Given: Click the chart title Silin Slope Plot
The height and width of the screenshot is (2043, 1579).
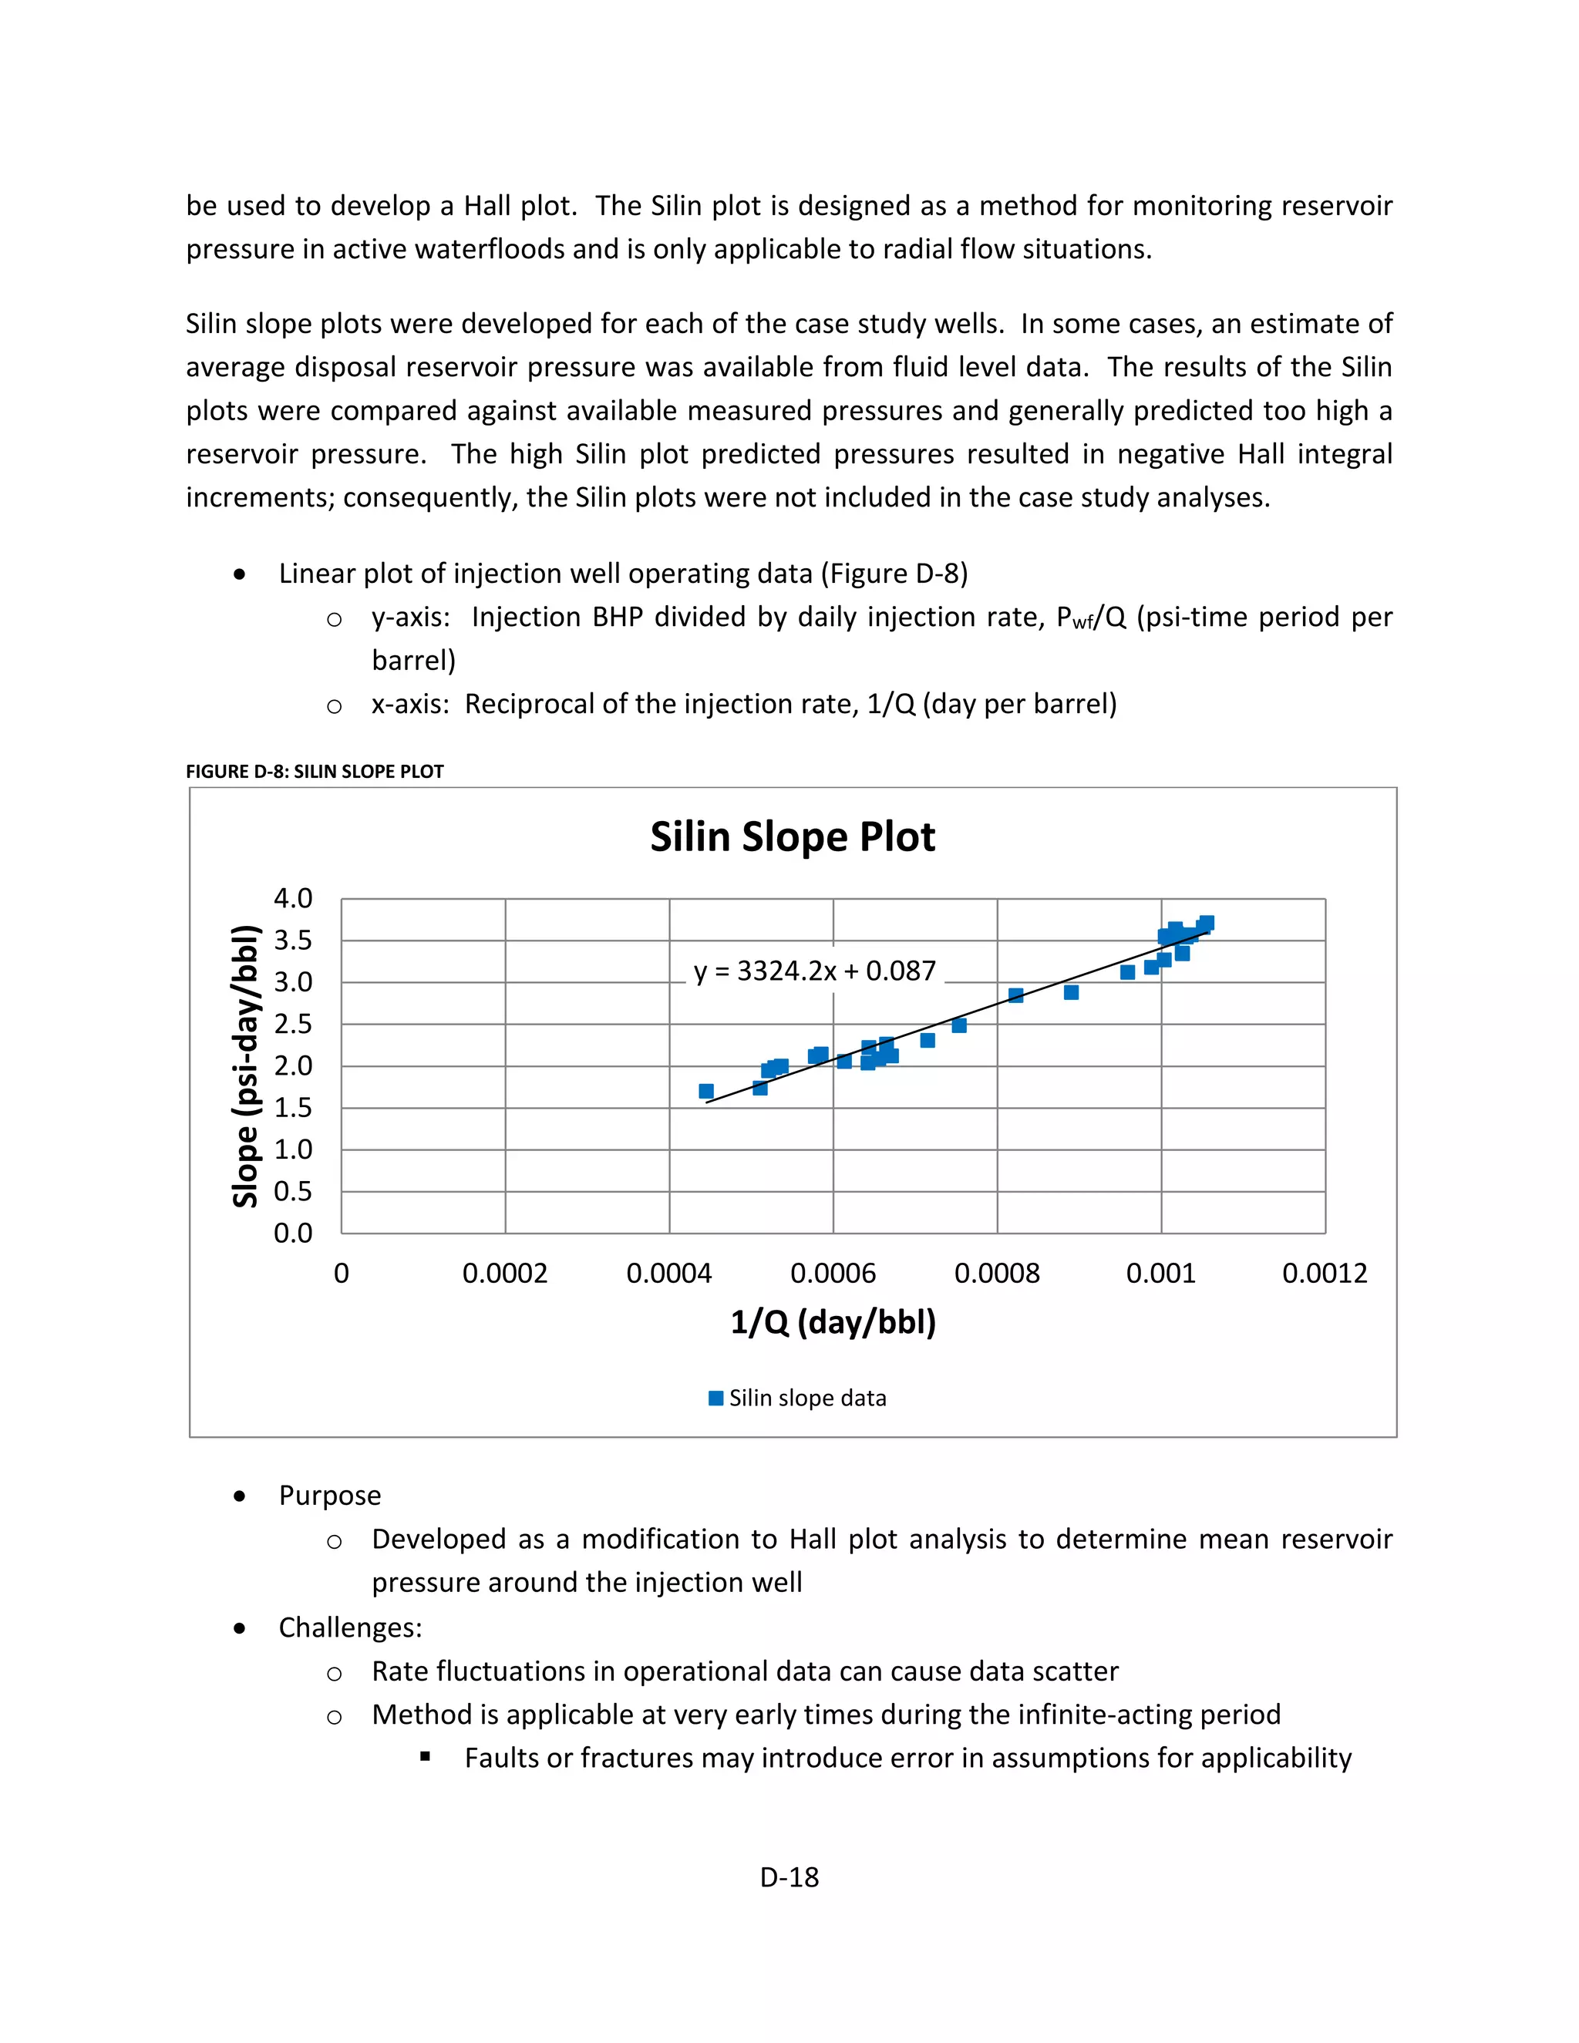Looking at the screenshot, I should coord(793,836).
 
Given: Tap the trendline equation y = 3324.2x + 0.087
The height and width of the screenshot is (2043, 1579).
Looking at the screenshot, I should coord(814,971).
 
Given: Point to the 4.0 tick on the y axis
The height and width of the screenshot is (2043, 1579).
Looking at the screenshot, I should coord(293,899).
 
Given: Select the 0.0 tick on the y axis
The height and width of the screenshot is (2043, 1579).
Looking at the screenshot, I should coord(293,1233).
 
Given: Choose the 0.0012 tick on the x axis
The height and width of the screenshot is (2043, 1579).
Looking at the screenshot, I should coord(1325,1273).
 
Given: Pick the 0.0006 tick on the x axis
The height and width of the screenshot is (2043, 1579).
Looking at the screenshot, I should coord(833,1273).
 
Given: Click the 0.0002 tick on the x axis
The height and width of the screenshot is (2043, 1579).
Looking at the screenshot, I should coord(505,1273).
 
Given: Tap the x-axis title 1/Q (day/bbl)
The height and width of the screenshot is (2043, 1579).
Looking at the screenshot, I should coord(833,1321).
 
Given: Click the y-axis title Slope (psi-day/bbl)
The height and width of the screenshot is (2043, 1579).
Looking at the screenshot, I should coord(245,1065).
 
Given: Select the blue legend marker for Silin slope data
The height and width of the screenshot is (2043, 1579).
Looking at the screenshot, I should coord(716,1398).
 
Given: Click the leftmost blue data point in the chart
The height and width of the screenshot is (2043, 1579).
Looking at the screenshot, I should coord(706,1092).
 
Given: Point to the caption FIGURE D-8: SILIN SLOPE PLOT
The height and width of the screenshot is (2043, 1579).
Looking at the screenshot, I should coord(315,772).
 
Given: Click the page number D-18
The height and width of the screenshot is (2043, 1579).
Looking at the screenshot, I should coord(789,1877).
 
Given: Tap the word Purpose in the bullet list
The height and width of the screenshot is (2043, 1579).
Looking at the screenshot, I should coord(329,1496).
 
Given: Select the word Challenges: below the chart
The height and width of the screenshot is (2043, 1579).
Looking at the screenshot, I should coord(350,1627).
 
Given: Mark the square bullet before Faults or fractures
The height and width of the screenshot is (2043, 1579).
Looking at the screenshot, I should coord(426,1757).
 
